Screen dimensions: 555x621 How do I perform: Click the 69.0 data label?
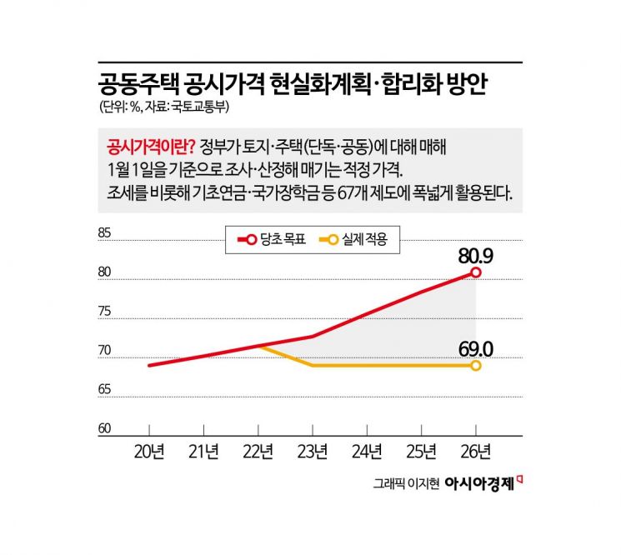477,346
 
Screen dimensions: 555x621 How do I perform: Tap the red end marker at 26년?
476,272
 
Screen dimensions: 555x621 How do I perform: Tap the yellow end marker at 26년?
476,365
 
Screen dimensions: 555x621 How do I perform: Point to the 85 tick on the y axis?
104,233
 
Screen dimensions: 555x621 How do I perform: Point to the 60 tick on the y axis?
104,428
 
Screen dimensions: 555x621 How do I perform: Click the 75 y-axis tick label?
104,312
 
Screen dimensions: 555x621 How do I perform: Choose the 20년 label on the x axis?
149,452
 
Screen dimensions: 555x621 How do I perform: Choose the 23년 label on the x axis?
313,452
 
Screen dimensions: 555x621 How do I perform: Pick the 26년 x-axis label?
476,452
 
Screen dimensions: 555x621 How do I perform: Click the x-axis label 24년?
367,452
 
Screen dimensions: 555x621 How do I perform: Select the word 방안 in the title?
471,84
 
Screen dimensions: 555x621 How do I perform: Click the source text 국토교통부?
203,107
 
